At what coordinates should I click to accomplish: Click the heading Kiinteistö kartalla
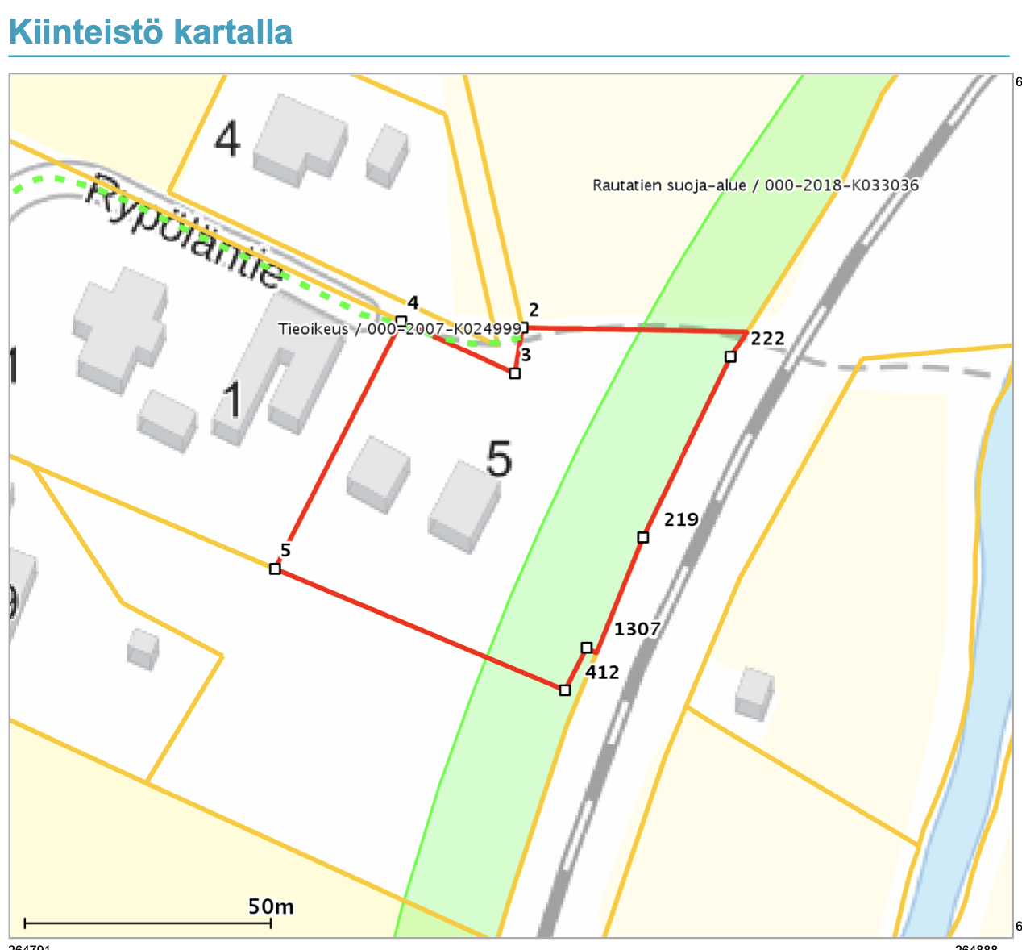(x=150, y=32)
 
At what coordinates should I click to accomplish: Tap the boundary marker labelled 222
(x=730, y=356)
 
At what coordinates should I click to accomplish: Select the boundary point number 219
(x=642, y=537)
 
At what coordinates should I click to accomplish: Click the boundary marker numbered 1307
(x=587, y=648)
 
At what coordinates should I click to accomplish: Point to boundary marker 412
(x=565, y=690)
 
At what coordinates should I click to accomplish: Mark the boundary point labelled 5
(x=275, y=569)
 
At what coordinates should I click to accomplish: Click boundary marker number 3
(x=515, y=373)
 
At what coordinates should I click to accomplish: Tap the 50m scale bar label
(x=271, y=906)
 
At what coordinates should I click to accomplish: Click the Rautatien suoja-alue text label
(x=755, y=185)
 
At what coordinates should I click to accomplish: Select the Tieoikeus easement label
(x=400, y=329)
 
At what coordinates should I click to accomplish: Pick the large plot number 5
(x=500, y=460)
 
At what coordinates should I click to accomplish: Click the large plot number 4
(x=226, y=141)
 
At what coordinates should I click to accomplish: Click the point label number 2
(x=534, y=310)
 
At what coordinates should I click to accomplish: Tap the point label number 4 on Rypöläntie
(x=413, y=303)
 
